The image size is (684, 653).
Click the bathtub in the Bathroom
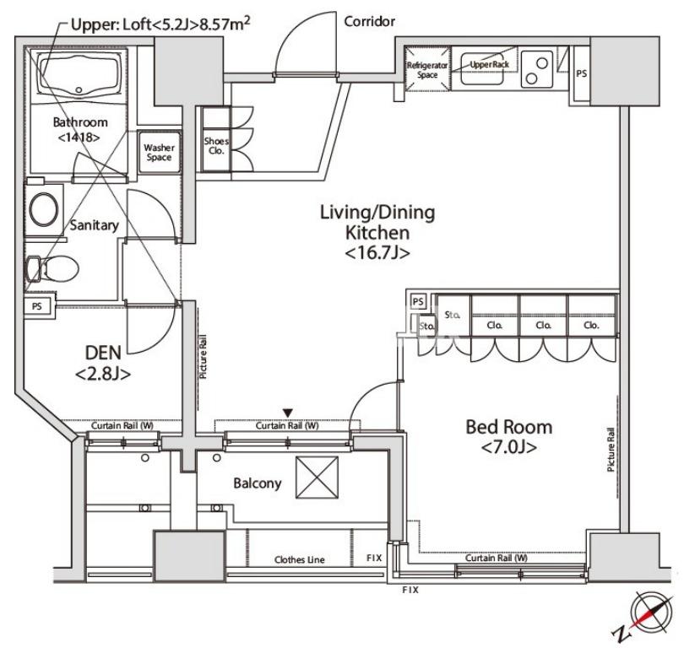[79, 74]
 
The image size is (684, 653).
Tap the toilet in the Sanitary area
[52, 268]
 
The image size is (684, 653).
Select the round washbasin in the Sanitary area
[44, 209]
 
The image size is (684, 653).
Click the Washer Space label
[160, 153]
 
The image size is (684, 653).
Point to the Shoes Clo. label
[216, 146]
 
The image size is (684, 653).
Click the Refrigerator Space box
[427, 69]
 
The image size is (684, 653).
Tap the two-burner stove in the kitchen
[537, 70]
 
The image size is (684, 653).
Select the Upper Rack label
[489, 64]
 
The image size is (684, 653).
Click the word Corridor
[370, 21]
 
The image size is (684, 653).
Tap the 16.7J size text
[377, 253]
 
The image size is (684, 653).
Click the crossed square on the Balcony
[318, 478]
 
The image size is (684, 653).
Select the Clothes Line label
[300, 559]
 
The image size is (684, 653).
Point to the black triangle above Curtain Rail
[287, 413]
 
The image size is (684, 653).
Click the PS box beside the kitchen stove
[582, 73]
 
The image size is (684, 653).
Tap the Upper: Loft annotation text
[160, 24]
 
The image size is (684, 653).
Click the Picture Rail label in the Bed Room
[611, 450]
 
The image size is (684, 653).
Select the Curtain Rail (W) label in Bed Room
[496, 558]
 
